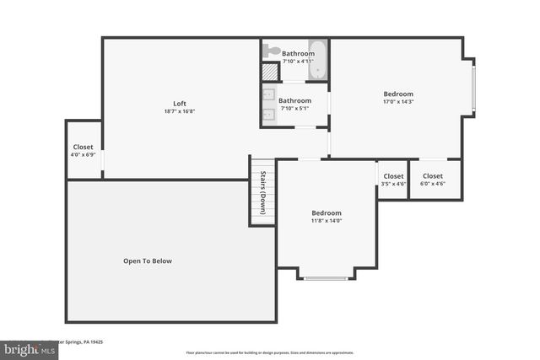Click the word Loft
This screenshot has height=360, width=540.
click(180, 104)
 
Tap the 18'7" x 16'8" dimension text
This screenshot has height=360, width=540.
click(180, 112)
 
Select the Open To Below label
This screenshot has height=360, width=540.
click(148, 261)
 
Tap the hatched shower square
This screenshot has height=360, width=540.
click(269, 73)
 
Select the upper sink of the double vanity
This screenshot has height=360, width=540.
click(269, 95)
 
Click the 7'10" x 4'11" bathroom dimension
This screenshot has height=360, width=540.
click(298, 62)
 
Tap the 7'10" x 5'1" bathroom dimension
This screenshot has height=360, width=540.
click(295, 109)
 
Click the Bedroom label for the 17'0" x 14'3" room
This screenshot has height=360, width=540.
click(398, 94)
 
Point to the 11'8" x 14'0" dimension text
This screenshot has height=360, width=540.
click(327, 222)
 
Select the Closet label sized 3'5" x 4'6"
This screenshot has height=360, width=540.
click(393, 176)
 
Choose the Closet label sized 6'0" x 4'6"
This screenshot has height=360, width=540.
click(433, 176)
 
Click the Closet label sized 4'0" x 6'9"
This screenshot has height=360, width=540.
click(84, 147)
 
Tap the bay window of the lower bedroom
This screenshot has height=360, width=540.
click(326, 277)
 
